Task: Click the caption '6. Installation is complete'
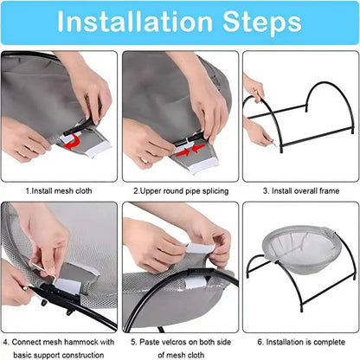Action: (300, 341)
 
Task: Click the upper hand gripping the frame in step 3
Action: (253, 87)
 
